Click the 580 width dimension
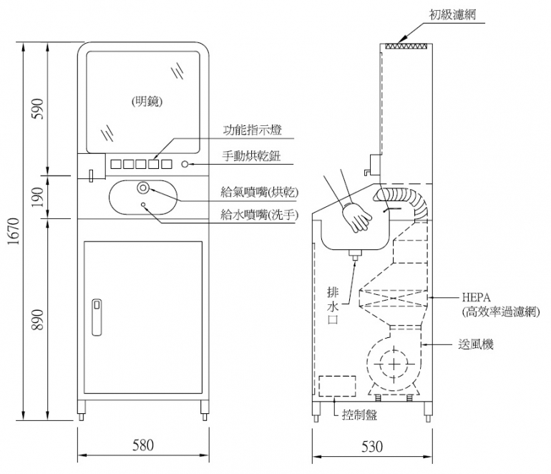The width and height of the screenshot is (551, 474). point(143,445)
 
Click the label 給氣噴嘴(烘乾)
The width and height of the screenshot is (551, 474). point(260,192)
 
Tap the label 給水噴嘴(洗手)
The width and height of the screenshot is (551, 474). point(260,214)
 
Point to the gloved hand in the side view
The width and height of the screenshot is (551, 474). point(356,216)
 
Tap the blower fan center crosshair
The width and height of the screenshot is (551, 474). point(393,366)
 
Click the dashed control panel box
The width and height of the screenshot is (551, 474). point(337,387)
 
